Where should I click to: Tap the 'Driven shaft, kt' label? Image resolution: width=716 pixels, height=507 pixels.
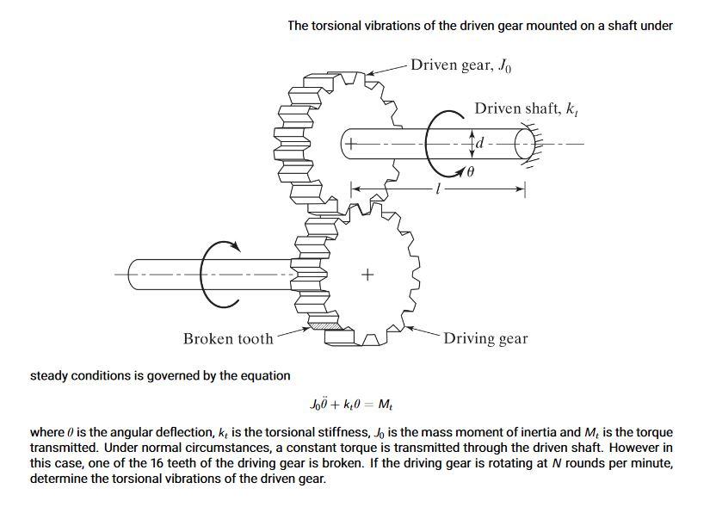(525, 108)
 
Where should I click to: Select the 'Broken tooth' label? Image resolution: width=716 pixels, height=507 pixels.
(228, 338)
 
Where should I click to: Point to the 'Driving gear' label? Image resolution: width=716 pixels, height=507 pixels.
(485, 338)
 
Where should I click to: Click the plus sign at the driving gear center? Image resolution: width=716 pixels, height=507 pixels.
(368, 275)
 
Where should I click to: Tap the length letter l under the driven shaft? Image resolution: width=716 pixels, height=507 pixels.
(438, 188)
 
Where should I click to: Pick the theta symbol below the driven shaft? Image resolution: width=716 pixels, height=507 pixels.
(471, 172)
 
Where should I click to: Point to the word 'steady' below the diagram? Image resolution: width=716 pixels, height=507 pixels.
(48, 375)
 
